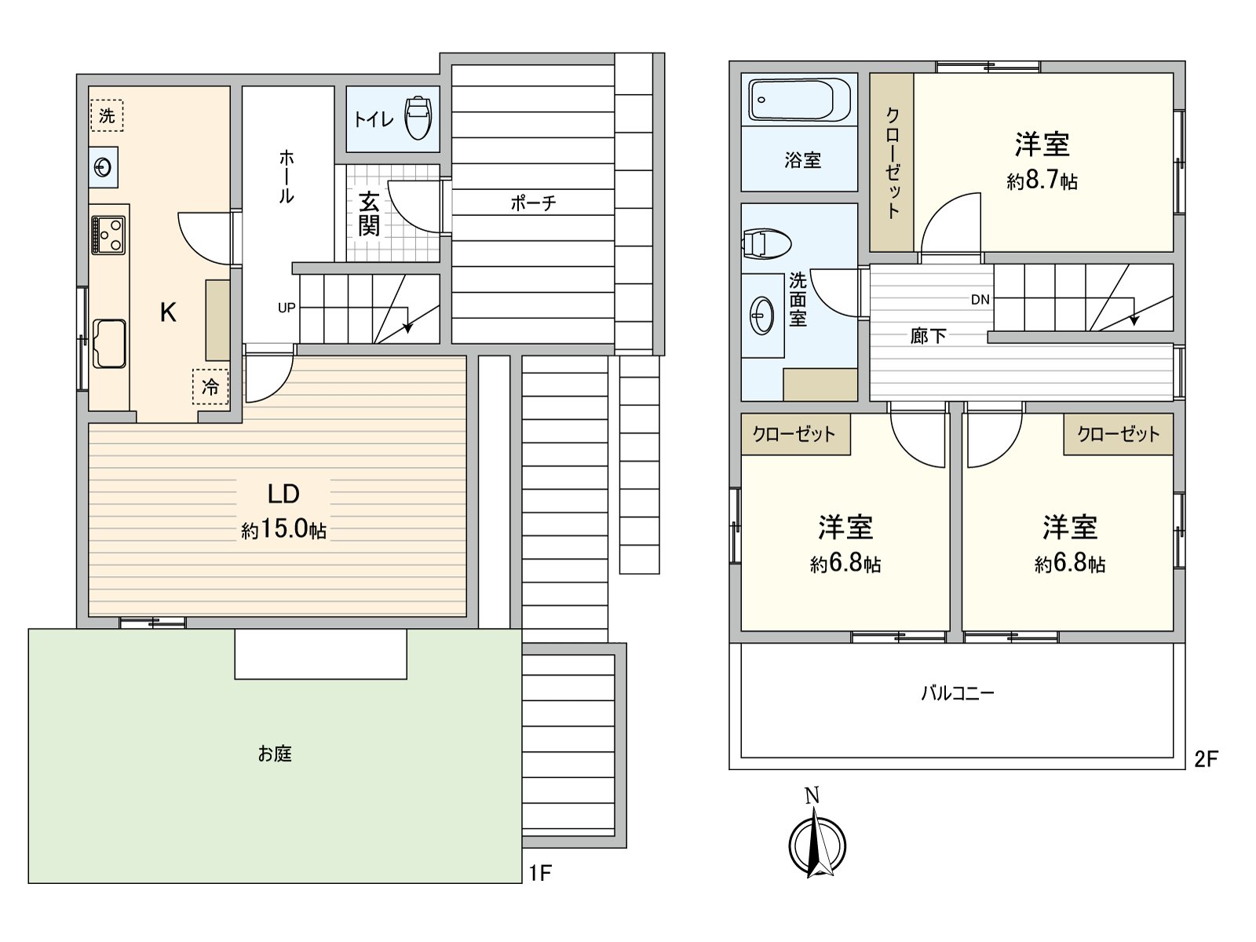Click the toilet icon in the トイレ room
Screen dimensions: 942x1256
pyautogui.click(x=418, y=119)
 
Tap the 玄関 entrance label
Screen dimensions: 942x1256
pyautogui.click(x=369, y=214)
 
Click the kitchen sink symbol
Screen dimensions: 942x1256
pyautogui.click(x=108, y=343)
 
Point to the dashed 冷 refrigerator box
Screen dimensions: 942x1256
pyautogui.click(x=210, y=386)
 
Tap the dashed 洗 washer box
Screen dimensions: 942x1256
pyautogui.click(x=107, y=115)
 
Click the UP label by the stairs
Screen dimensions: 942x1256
pyautogui.click(x=287, y=308)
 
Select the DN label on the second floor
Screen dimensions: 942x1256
pyautogui.click(x=980, y=299)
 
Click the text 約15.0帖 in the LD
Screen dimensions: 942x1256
pyautogui.click(x=283, y=530)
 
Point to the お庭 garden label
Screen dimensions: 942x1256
pyautogui.click(x=275, y=754)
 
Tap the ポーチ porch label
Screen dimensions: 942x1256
pyautogui.click(x=533, y=203)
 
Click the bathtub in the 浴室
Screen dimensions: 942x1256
pyautogui.click(x=798, y=100)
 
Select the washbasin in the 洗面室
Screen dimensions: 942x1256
pyautogui.click(x=761, y=316)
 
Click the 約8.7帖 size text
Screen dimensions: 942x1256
pyautogui.click(x=1042, y=182)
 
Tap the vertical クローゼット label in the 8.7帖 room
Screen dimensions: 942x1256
pyautogui.click(x=892, y=162)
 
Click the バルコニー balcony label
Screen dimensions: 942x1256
pyautogui.click(x=957, y=693)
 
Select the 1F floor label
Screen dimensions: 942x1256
pyautogui.click(x=540, y=872)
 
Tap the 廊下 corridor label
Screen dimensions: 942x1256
pyautogui.click(x=928, y=337)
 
